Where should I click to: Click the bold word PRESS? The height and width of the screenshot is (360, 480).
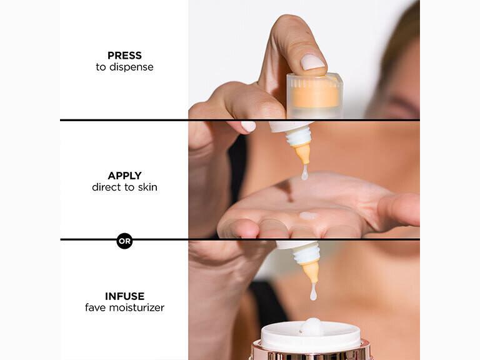[x=124, y=55]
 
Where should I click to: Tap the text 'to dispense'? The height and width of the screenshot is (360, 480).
[x=124, y=67]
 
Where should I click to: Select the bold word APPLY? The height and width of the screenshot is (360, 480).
[x=124, y=176]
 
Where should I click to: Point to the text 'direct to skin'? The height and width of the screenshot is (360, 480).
[x=124, y=187]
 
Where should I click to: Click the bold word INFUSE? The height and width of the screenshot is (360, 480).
[x=124, y=296]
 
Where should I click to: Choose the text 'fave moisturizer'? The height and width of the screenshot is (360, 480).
[x=124, y=307]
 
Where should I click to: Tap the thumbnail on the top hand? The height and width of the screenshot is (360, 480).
[x=312, y=62]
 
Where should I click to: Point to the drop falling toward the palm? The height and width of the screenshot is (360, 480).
[x=304, y=173]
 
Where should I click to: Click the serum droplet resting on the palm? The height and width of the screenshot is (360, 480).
[x=307, y=216]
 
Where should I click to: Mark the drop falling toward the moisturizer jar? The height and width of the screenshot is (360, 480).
[x=313, y=291]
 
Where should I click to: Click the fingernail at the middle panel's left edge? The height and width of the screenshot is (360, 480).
[x=248, y=126]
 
